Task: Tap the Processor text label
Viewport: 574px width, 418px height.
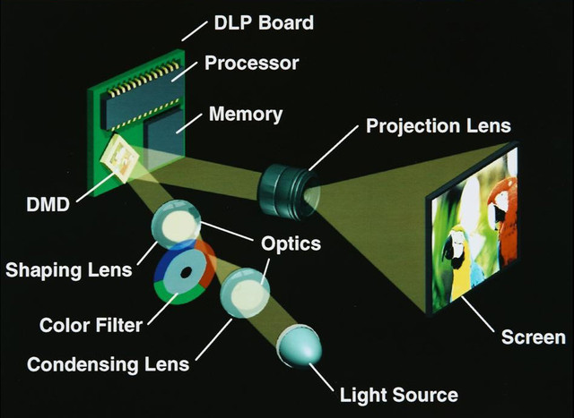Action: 251,64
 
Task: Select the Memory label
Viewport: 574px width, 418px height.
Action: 245,115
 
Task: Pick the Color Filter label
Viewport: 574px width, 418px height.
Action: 91,323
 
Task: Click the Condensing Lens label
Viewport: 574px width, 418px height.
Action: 108,364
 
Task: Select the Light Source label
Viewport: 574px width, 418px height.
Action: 399,395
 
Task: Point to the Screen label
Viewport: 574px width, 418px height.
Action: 533,337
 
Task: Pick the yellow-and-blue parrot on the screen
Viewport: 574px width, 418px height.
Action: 462,260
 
